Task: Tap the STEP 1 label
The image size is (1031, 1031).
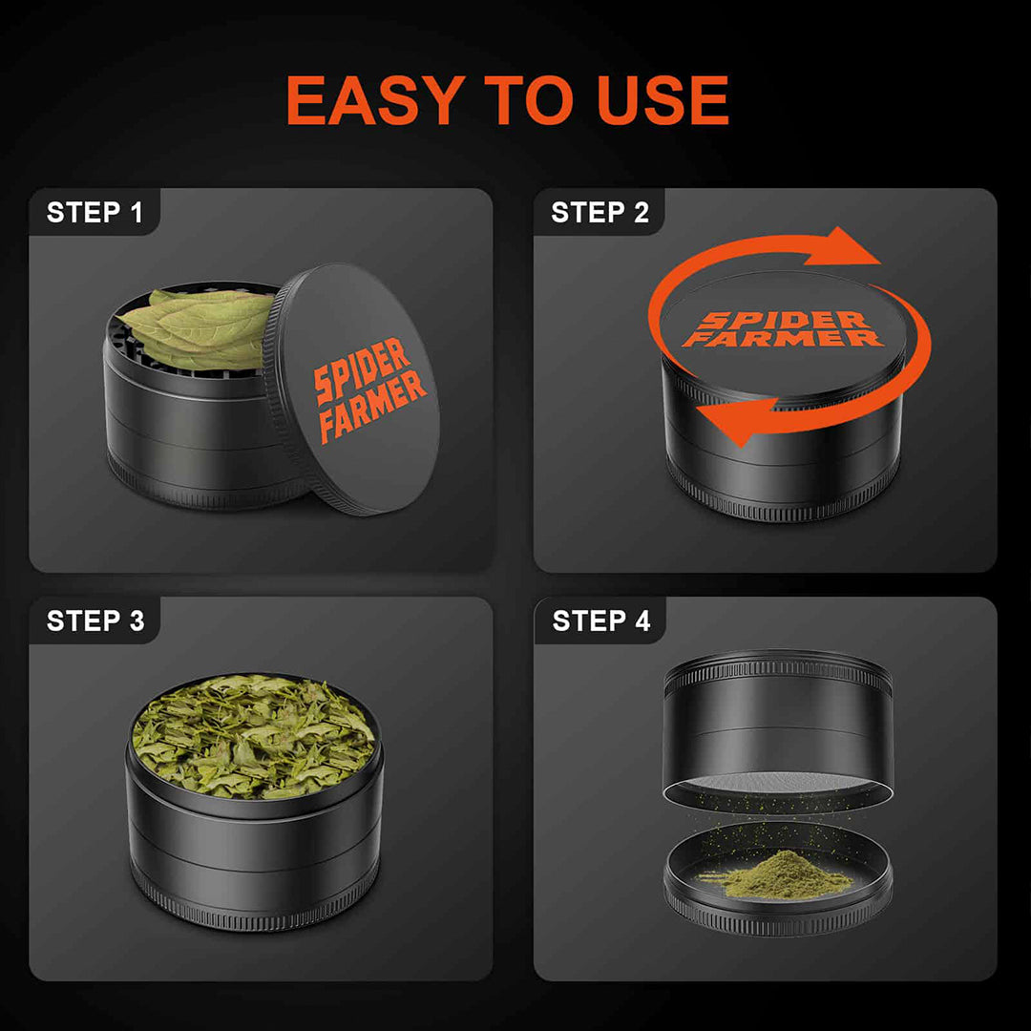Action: point(95,213)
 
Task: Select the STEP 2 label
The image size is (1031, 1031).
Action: point(600,213)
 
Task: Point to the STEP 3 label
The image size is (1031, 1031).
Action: point(95,621)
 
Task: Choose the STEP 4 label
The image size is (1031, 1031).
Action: point(601,621)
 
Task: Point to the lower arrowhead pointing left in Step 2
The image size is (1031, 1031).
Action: point(722,423)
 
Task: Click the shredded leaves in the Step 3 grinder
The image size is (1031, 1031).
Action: point(253,736)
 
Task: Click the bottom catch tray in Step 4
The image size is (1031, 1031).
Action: point(778,907)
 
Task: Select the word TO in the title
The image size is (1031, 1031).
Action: point(516,100)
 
